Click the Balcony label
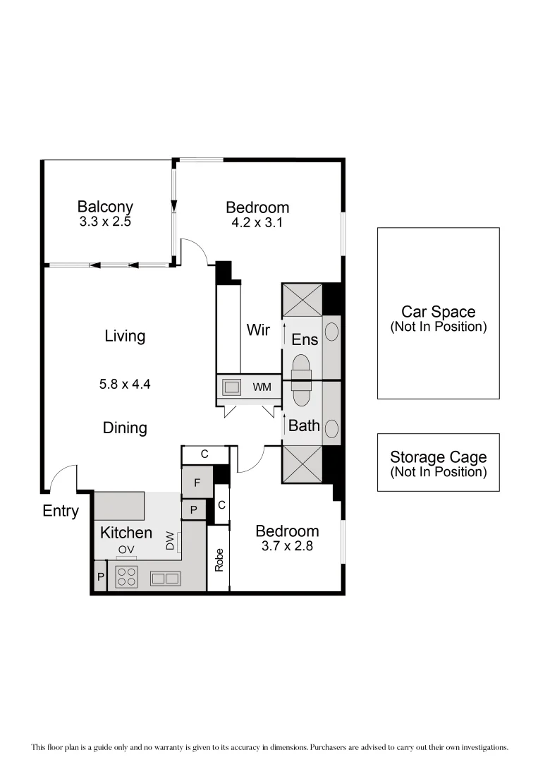pos(105,207)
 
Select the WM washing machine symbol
pos(231,387)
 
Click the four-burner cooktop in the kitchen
pos(126,576)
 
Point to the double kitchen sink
pos(166,578)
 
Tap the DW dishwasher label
pos(170,542)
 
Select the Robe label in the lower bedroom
pos(219,560)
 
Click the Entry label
pos(61,512)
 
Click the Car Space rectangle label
pos(438,312)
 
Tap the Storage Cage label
pos(438,458)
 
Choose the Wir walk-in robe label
pos(258,329)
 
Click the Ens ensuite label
pos(305,339)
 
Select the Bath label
pos(304,425)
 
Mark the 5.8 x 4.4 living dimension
pos(126,385)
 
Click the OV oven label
pos(126,549)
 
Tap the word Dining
pos(125,428)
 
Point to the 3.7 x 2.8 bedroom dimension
pos(287,545)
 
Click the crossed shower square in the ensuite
pos(302,300)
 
